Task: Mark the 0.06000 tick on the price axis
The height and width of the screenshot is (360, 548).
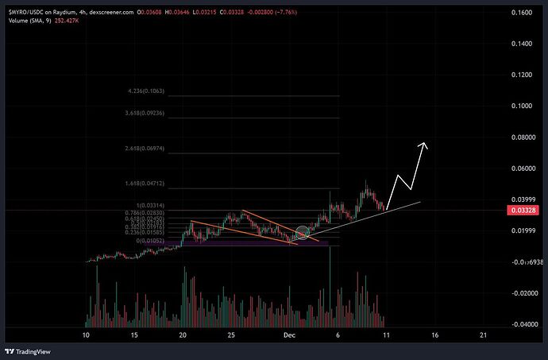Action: (x=522, y=168)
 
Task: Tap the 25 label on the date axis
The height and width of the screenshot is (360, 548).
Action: (x=231, y=335)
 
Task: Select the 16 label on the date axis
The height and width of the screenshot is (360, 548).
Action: (x=434, y=335)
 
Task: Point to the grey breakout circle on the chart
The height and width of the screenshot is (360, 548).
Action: (x=301, y=233)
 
